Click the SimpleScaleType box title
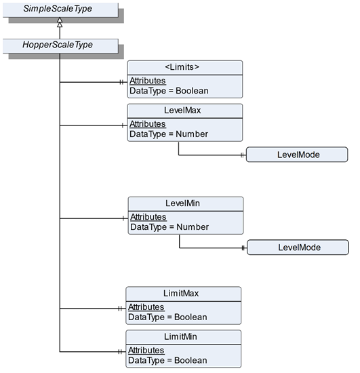click(x=58, y=9)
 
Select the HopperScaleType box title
click(x=58, y=45)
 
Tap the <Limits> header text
click(x=182, y=67)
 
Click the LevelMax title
click(x=182, y=111)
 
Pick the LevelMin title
click(x=182, y=203)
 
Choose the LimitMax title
click(x=181, y=293)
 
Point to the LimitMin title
click(x=180, y=336)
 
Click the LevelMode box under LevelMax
click(x=297, y=155)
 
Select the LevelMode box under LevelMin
click(x=298, y=248)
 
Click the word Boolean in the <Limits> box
click(x=192, y=91)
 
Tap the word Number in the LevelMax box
click(x=192, y=134)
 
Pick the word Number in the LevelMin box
click(x=193, y=227)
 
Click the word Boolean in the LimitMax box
click(x=191, y=317)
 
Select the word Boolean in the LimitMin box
click(x=191, y=360)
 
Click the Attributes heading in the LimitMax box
click(x=146, y=307)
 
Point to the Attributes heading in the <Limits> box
click(x=147, y=81)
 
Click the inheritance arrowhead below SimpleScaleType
click(x=60, y=22)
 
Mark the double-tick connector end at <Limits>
click(x=121, y=82)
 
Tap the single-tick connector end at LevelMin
click(x=123, y=218)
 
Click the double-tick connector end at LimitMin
click(x=120, y=352)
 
